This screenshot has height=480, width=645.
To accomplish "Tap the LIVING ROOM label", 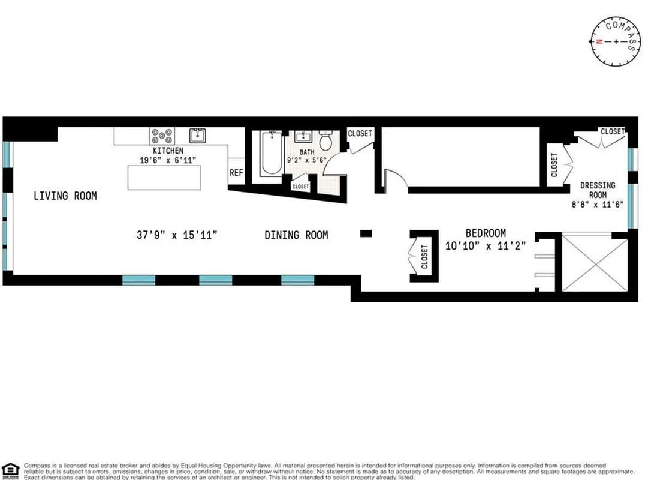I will pyautogui.click(x=65, y=196).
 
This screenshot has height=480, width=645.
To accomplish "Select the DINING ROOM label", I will pyautogui.click(x=296, y=235).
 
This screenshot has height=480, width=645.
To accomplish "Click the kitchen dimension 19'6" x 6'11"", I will pyautogui.click(x=168, y=160).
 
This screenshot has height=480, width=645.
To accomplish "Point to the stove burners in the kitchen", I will pyautogui.click(x=162, y=136).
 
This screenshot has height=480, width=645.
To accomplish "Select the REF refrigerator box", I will pyautogui.click(x=236, y=173).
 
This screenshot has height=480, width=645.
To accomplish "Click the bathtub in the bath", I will pyautogui.click(x=271, y=154).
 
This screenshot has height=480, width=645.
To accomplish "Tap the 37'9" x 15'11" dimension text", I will pyautogui.click(x=176, y=235).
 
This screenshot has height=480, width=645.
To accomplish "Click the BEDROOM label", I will pyautogui.click(x=486, y=233).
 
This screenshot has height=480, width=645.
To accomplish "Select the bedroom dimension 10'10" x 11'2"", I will pyautogui.click(x=486, y=245).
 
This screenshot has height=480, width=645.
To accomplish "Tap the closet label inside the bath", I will pyautogui.click(x=300, y=187).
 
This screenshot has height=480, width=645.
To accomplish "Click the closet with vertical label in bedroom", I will pyautogui.click(x=424, y=257).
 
